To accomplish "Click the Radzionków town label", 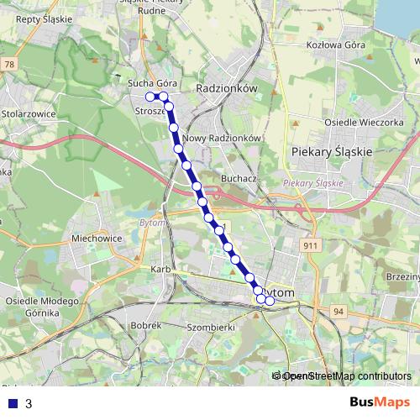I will point(224,87).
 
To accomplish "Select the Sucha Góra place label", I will point(150,84).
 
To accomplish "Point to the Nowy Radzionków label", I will point(223,139).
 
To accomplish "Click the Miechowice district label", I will point(97,238).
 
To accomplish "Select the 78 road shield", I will point(10,64).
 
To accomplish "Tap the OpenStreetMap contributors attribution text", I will point(345,376).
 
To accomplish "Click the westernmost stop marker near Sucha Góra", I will point(150,97).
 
